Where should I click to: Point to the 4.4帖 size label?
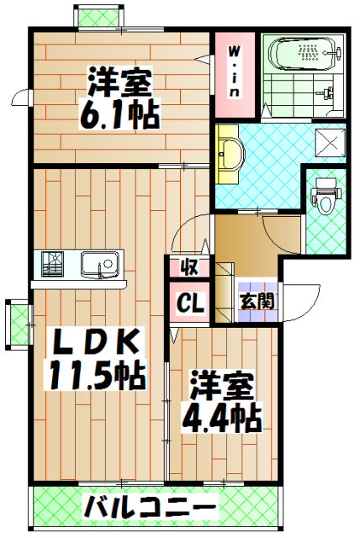[x=220, y=414]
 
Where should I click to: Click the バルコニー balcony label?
[x=150, y=507]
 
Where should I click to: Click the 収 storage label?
[x=189, y=268]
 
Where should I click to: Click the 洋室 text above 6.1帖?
[x=121, y=85]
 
